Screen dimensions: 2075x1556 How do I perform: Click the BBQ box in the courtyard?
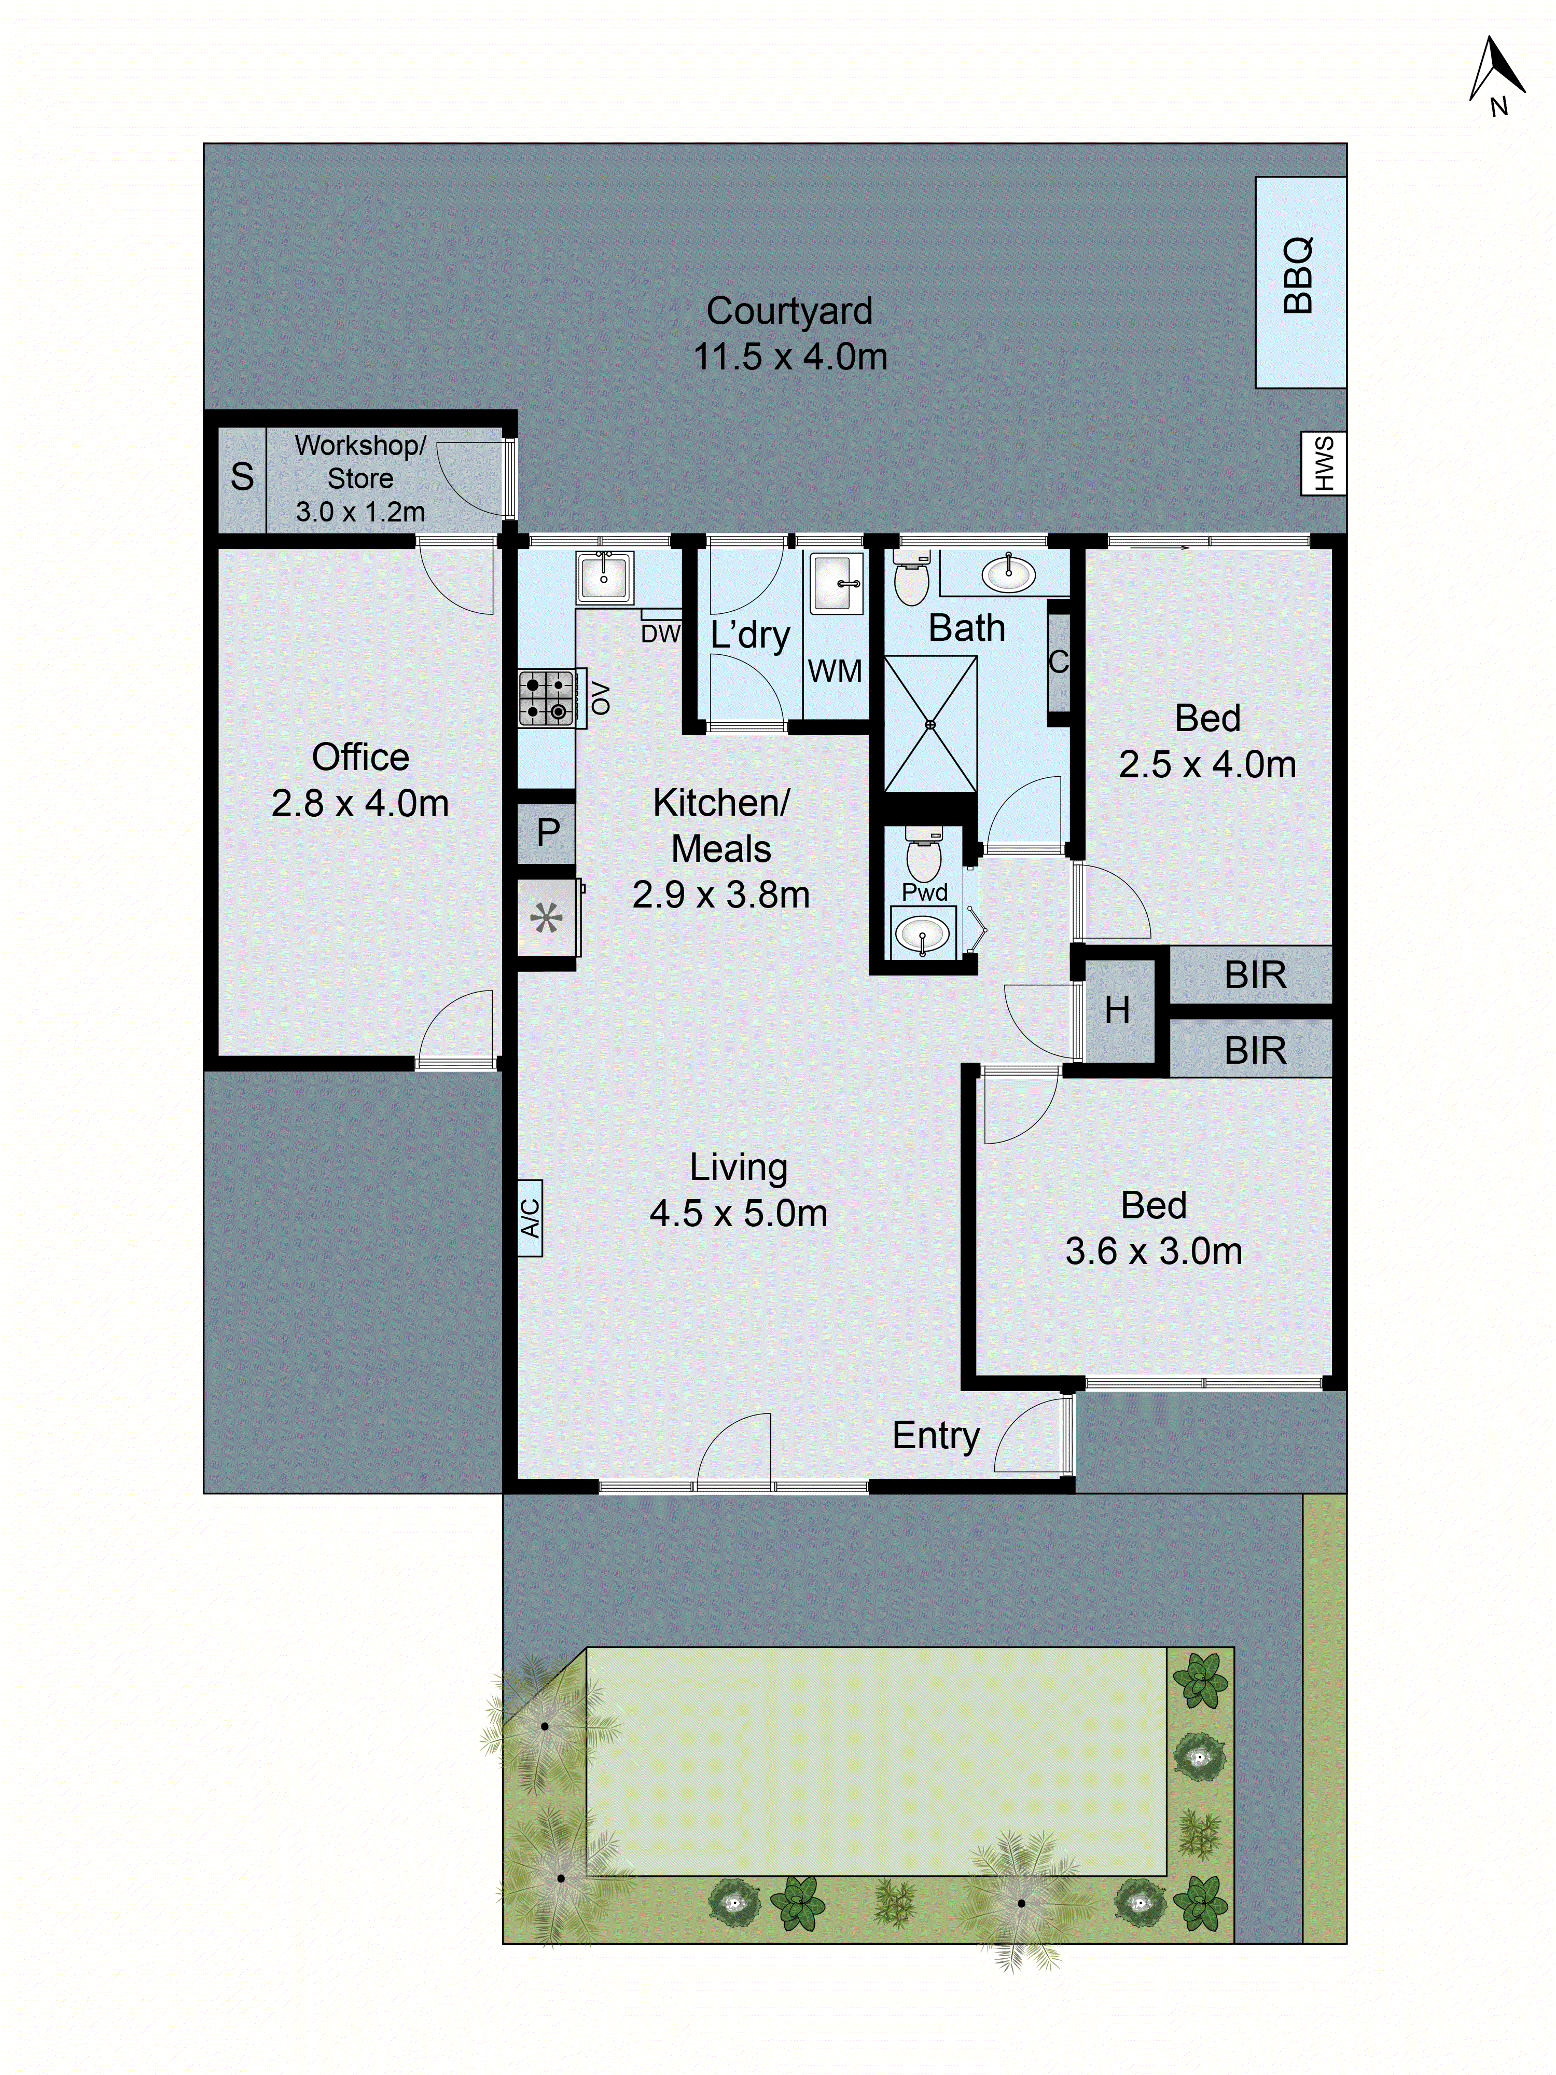pyautogui.click(x=1300, y=281)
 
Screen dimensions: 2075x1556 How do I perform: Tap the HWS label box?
pyautogui.click(x=1323, y=462)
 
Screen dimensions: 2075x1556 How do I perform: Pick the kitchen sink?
pyautogui.click(x=605, y=576)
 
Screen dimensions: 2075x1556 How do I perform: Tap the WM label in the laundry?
pyautogui.click(x=834, y=671)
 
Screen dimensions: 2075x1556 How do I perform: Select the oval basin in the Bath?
pyautogui.click(x=1008, y=574)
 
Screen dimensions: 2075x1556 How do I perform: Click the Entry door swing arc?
pyautogui.click(x=1030, y=1435)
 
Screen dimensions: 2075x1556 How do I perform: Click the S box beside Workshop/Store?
pyautogui.click(x=242, y=477)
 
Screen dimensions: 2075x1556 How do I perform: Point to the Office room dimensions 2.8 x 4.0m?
pyautogui.click(x=359, y=803)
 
